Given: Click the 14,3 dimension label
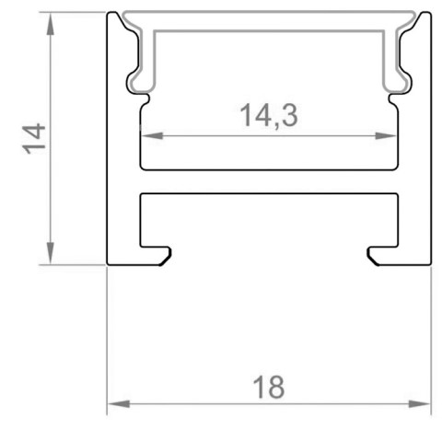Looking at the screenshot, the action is (269, 116).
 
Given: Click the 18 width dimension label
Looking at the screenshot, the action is (269, 388).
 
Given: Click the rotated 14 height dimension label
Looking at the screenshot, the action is (34, 138).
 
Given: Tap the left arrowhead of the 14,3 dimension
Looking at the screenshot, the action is (152, 135).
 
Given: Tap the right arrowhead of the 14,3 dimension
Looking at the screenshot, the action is (386, 135).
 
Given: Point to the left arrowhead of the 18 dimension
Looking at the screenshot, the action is (119, 404).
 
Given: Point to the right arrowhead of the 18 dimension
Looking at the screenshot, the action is (419, 404).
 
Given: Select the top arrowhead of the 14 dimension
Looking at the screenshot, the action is (51, 24).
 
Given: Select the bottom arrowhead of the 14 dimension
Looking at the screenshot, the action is (51, 253).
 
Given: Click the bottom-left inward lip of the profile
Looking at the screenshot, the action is (156, 255).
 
